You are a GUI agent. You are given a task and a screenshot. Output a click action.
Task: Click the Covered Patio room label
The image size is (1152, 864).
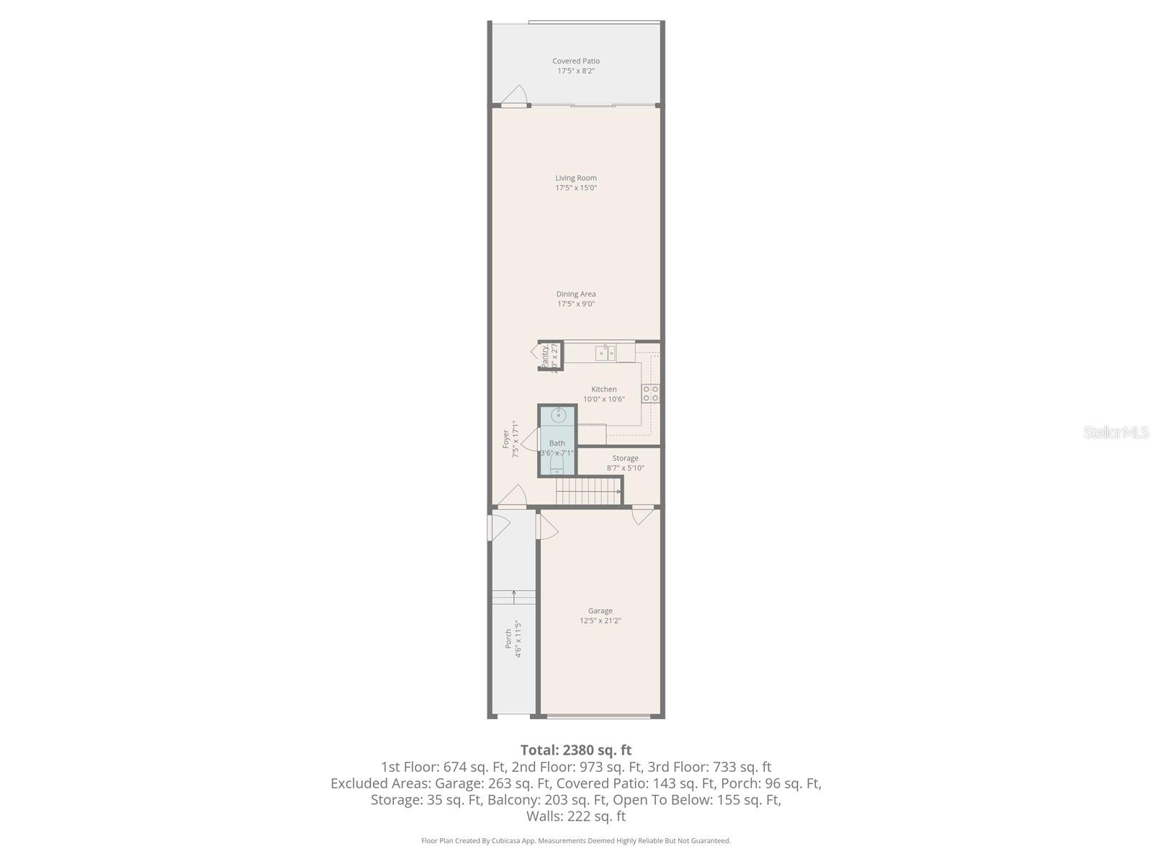click(575, 61)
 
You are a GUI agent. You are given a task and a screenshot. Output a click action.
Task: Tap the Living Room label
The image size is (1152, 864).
click(575, 178)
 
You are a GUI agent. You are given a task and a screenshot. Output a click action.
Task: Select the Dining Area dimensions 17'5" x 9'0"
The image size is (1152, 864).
click(575, 304)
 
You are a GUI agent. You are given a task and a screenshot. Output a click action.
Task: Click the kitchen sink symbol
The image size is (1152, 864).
click(605, 352)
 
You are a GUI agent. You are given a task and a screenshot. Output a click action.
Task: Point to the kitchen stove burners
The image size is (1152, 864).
click(650, 393)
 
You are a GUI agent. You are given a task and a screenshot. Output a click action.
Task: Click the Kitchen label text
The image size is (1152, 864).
click(603, 390)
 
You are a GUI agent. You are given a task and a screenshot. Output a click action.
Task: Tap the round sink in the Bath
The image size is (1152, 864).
click(558, 415)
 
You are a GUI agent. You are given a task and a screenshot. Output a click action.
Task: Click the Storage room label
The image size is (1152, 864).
click(625, 458)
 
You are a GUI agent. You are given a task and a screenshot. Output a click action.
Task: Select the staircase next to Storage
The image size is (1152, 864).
click(588, 492)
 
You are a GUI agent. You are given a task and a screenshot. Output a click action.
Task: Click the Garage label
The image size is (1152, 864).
click(600, 611)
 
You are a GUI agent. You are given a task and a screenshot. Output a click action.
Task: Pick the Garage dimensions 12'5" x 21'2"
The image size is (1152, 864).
click(600, 621)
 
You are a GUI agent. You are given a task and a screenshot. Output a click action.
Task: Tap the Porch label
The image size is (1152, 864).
click(508, 639)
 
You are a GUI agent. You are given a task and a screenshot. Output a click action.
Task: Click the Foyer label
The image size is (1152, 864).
click(506, 439)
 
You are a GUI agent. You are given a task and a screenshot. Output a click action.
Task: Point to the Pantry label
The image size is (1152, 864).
click(545, 356)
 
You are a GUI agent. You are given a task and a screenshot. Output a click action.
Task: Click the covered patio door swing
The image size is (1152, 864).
click(516, 96)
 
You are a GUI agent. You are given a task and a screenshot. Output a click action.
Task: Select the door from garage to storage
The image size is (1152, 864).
click(642, 516)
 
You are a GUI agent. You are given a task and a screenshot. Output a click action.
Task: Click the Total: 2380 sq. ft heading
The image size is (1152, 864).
click(575, 750)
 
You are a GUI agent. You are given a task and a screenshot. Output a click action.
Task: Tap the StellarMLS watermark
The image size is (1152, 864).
click(1115, 432)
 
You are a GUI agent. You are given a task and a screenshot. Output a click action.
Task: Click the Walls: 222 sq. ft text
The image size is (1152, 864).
click(575, 816)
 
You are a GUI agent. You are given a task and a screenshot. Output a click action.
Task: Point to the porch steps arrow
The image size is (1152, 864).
click(513, 595)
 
